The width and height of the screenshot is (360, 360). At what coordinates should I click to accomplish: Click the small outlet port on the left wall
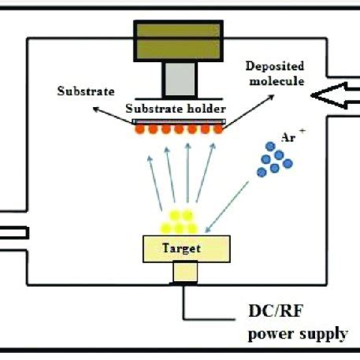tap(13, 232)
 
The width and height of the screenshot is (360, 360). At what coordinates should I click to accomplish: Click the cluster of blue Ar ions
tap(273, 159)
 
